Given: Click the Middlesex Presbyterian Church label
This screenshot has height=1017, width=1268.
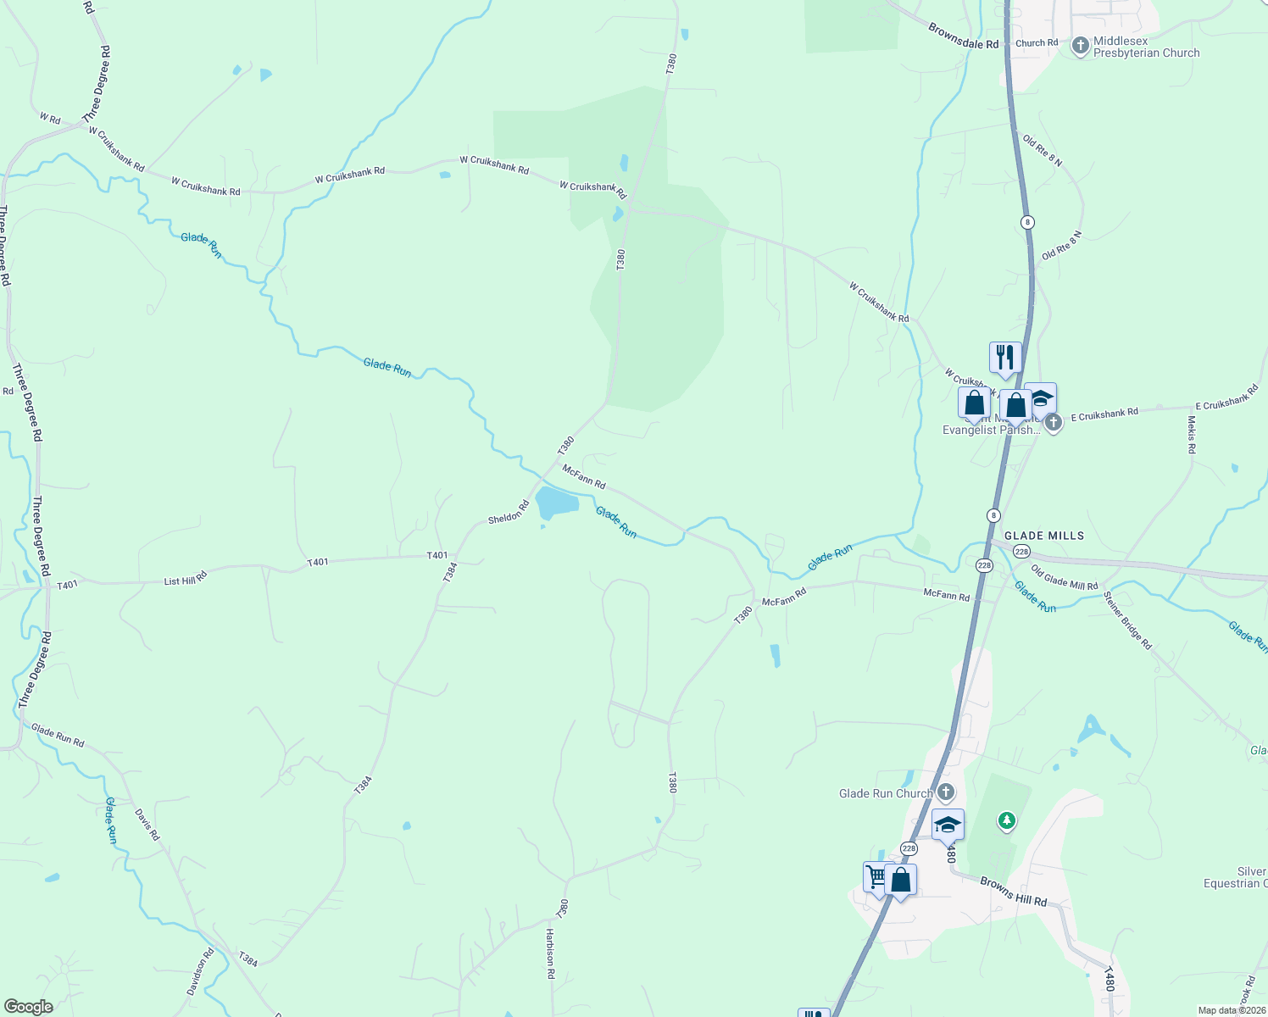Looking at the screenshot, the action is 1146,47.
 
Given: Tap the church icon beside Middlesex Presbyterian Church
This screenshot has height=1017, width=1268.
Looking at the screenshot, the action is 1080,46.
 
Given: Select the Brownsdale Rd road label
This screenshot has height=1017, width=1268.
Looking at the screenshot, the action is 963,36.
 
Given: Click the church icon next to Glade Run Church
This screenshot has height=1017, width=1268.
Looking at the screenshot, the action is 946,793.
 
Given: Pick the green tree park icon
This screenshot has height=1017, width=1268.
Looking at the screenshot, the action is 1006,820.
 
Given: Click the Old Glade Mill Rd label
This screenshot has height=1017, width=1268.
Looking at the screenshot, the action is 1064,579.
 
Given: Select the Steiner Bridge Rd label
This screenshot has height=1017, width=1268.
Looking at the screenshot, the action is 1127,620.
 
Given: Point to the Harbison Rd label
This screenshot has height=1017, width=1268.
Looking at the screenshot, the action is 549,953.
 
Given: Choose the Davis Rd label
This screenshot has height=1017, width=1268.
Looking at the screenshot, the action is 147,824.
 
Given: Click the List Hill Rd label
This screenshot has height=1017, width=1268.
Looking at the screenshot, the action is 185,580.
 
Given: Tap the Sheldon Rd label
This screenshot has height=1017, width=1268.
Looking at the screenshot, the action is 508,512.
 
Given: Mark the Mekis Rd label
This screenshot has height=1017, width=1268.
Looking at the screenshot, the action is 1191,434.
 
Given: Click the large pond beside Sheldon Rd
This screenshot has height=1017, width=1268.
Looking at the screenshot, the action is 556,503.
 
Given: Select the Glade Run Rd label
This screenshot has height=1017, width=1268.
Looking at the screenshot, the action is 58,735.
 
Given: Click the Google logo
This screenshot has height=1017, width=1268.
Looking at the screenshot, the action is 28,1006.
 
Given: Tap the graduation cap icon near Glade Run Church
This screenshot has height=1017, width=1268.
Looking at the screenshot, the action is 947,824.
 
